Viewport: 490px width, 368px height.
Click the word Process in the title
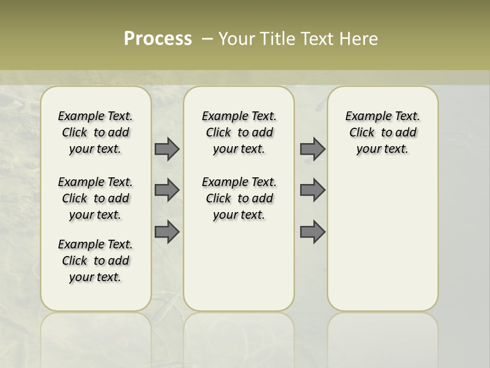point(158,39)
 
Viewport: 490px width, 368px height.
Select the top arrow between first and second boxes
point(167,149)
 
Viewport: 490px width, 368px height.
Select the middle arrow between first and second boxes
point(167,190)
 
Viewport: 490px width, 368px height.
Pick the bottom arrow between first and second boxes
point(167,232)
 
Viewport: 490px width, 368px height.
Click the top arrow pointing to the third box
point(312,149)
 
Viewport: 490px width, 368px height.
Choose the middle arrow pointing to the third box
point(312,190)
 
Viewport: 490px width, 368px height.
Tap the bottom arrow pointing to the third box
point(312,232)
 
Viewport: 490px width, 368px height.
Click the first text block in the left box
point(95,132)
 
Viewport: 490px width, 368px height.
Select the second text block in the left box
point(95,198)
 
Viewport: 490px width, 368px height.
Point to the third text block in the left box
point(95,261)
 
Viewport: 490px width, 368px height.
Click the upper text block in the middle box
point(239,132)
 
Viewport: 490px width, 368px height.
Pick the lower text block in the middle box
point(239,198)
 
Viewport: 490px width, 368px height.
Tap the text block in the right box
point(382,132)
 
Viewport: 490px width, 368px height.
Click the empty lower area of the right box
point(382,240)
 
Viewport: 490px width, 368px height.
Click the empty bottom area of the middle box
point(239,271)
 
